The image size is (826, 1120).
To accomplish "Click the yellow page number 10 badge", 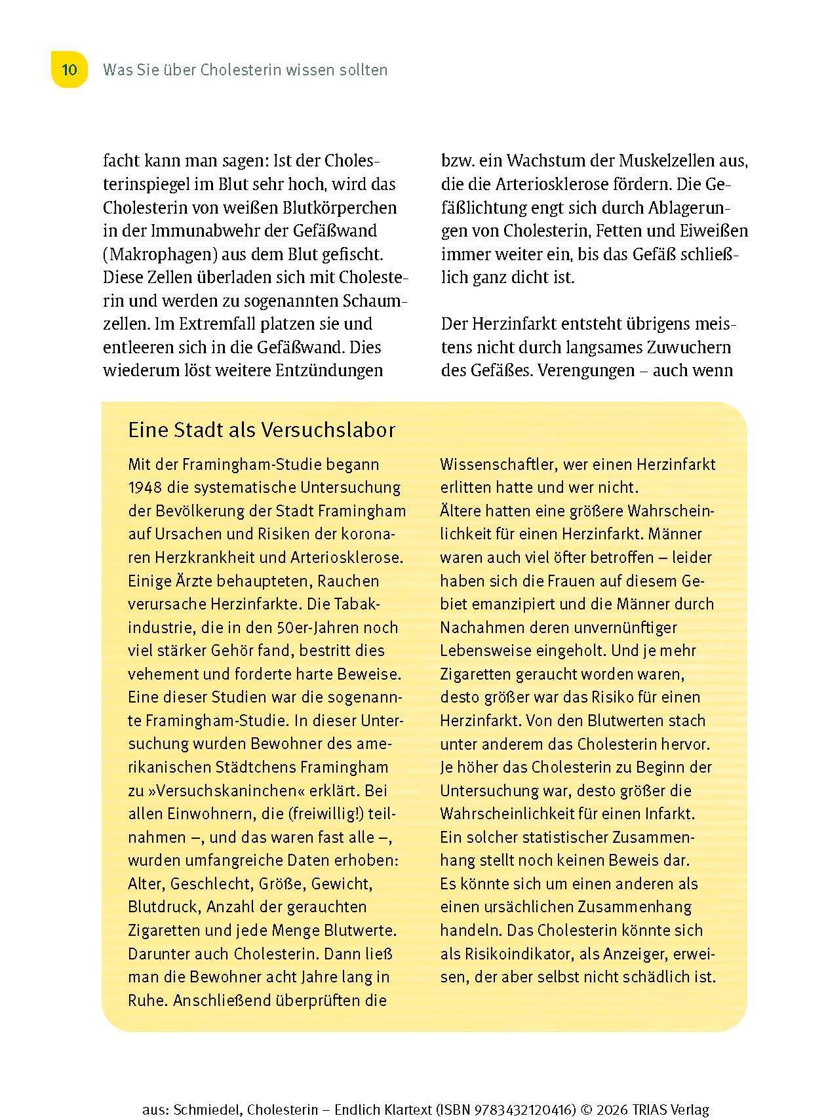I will [69, 69].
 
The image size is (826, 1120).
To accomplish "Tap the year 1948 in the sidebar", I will [145, 488].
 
